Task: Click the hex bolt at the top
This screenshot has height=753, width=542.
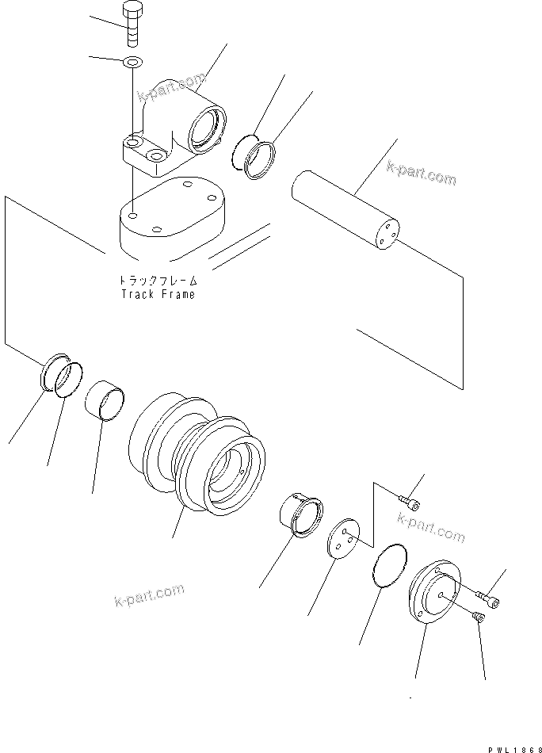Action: click(x=132, y=25)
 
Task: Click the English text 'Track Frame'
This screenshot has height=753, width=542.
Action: click(x=158, y=293)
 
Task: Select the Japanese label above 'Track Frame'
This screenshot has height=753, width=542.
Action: click(x=158, y=281)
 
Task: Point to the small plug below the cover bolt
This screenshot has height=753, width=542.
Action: click(x=479, y=617)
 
